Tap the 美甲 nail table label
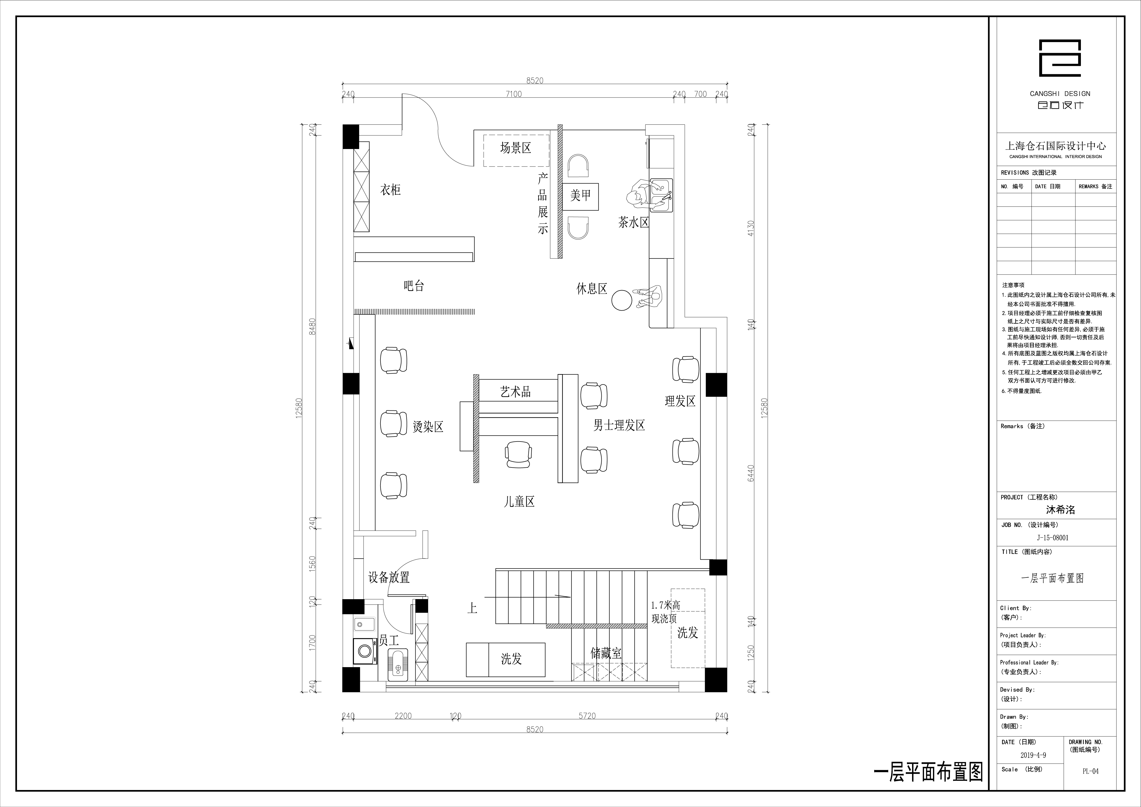(580, 195)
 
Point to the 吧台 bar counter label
(414, 286)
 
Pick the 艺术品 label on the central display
(515, 392)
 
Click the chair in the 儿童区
(518, 454)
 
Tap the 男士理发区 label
(619, 425)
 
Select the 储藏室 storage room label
(606, 653)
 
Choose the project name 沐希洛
(1061, 510)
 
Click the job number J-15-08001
(1053, 537)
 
